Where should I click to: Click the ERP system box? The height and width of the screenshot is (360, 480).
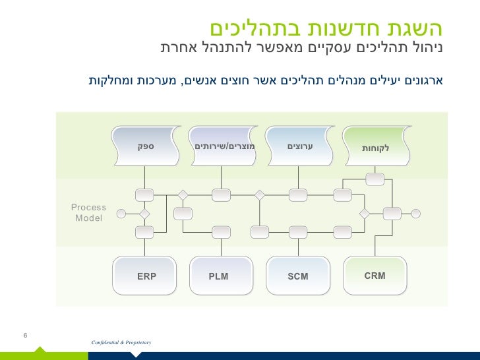146,276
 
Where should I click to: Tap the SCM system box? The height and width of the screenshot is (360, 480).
298,276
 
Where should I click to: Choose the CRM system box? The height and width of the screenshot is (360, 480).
375,275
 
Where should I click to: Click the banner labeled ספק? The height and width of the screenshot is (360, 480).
146,145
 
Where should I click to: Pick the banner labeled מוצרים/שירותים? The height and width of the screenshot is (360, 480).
222,145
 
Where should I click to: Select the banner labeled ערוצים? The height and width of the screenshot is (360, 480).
299,145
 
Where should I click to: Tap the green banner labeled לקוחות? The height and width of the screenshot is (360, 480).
376,147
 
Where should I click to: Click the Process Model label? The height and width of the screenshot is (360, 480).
88,212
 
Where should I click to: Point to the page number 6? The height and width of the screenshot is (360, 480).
25,336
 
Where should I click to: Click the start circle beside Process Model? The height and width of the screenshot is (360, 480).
121,213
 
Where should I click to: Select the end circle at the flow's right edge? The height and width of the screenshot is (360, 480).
415,213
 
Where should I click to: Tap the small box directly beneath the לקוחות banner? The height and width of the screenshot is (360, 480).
375,178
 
